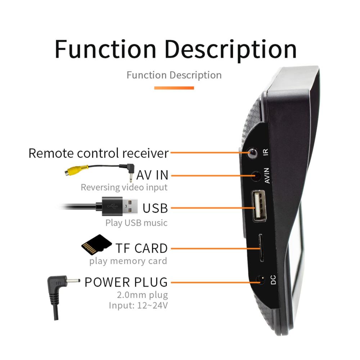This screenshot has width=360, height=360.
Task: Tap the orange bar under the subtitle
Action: [174, 88]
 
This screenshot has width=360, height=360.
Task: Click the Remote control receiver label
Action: [98, 153]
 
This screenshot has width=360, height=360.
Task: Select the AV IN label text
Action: [152, 175]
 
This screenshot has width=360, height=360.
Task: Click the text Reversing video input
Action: [124, 187]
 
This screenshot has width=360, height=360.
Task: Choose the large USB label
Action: [155, 208]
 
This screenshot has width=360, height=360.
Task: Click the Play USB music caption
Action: [136, 223]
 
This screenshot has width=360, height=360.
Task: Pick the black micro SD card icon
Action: [96, 245]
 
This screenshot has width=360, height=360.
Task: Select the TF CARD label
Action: [141, 248]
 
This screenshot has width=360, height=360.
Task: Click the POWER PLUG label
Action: [126, 282]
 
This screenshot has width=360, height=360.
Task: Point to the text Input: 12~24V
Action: [138, 305]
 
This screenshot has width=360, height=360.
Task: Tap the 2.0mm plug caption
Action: [143, 295]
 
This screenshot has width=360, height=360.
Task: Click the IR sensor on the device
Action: [253, 153]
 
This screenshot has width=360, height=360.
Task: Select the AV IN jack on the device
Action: [256, 176]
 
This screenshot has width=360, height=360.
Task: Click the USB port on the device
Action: [259, 205]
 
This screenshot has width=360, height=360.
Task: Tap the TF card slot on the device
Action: [261, 248]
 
